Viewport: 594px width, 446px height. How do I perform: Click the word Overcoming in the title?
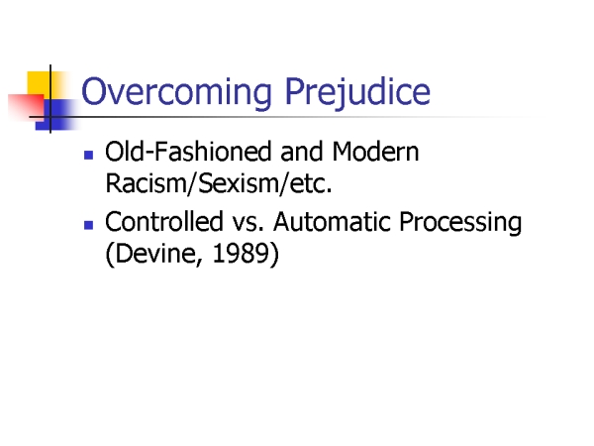tap(176, 92)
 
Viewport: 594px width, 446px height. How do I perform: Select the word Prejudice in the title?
tap(357, 92)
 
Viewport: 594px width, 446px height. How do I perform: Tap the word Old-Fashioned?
tap(188, 152)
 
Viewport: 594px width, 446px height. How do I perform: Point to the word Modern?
tap(375, 152)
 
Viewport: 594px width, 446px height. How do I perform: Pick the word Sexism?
tap(239, 183)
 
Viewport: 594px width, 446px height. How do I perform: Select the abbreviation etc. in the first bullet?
tap(311, 183)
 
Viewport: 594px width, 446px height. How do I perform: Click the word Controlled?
tap(164, 221)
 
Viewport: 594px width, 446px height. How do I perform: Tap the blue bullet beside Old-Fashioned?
tap(89, 156)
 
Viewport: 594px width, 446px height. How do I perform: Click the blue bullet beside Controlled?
tap(89, 225)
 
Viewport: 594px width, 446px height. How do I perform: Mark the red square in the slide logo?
tap(26, 106)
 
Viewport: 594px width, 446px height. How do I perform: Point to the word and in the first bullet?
tap(302, 152)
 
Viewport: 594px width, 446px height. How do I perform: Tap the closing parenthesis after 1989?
tap(274, 254)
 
